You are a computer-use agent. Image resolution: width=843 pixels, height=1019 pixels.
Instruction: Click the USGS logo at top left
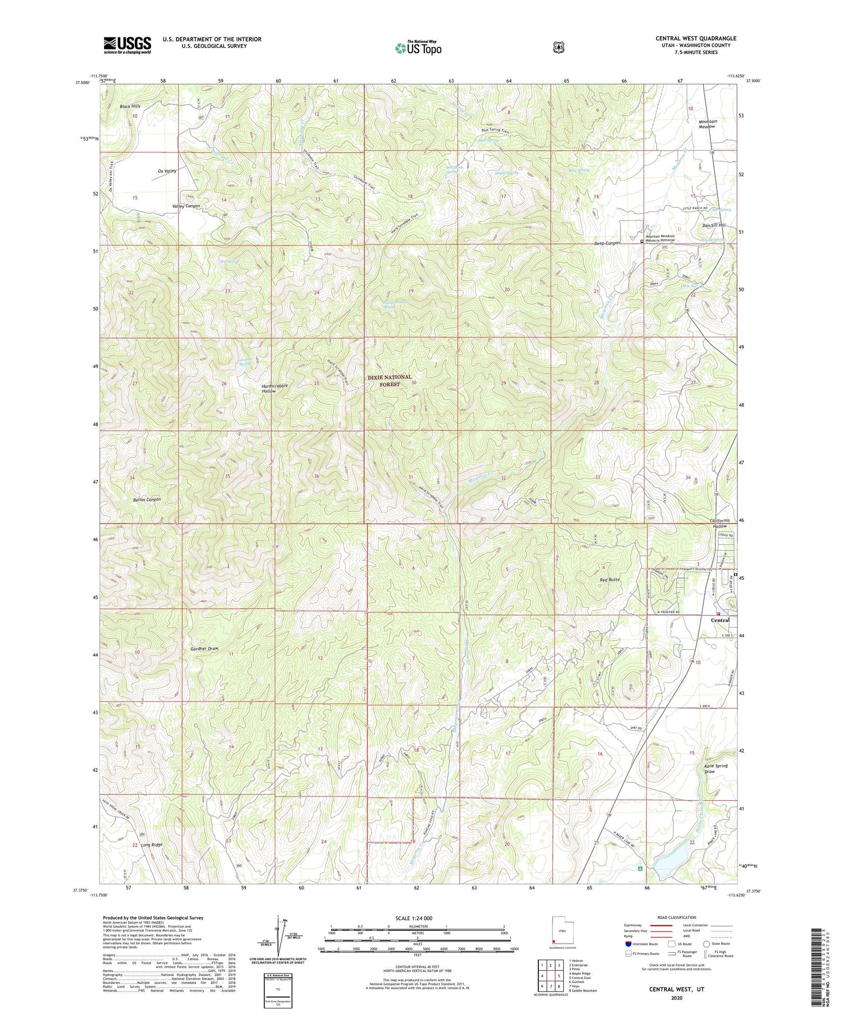click(127, 45)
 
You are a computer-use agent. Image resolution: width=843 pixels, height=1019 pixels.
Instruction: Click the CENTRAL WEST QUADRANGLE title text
click(696, 38)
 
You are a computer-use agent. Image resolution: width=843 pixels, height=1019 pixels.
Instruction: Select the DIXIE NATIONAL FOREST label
click(389, 381)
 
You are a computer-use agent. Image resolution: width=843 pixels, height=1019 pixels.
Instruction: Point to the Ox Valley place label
click(164, 171)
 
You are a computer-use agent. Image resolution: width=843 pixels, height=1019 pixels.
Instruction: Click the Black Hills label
click(130, 106)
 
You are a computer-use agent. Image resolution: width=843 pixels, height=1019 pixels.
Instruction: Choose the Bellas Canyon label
click(147, 499)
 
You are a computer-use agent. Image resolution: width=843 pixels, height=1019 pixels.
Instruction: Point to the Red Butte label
click(610, 579)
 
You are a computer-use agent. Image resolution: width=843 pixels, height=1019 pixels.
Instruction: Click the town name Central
click(720, 621)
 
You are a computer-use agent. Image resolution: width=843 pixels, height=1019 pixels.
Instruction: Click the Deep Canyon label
click(607, 243)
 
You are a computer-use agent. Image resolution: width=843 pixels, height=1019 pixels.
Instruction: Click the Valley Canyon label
click(185, 206)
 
